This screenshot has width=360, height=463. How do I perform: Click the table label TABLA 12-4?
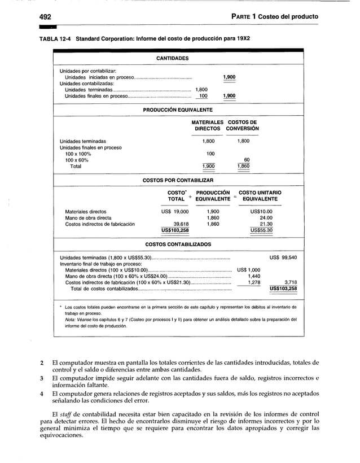coord(56,40)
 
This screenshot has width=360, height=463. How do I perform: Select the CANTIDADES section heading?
coord(172,58)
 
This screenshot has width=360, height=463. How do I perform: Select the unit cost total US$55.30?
coord(261,230)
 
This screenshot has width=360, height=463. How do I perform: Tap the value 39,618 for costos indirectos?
coord(180,224)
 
